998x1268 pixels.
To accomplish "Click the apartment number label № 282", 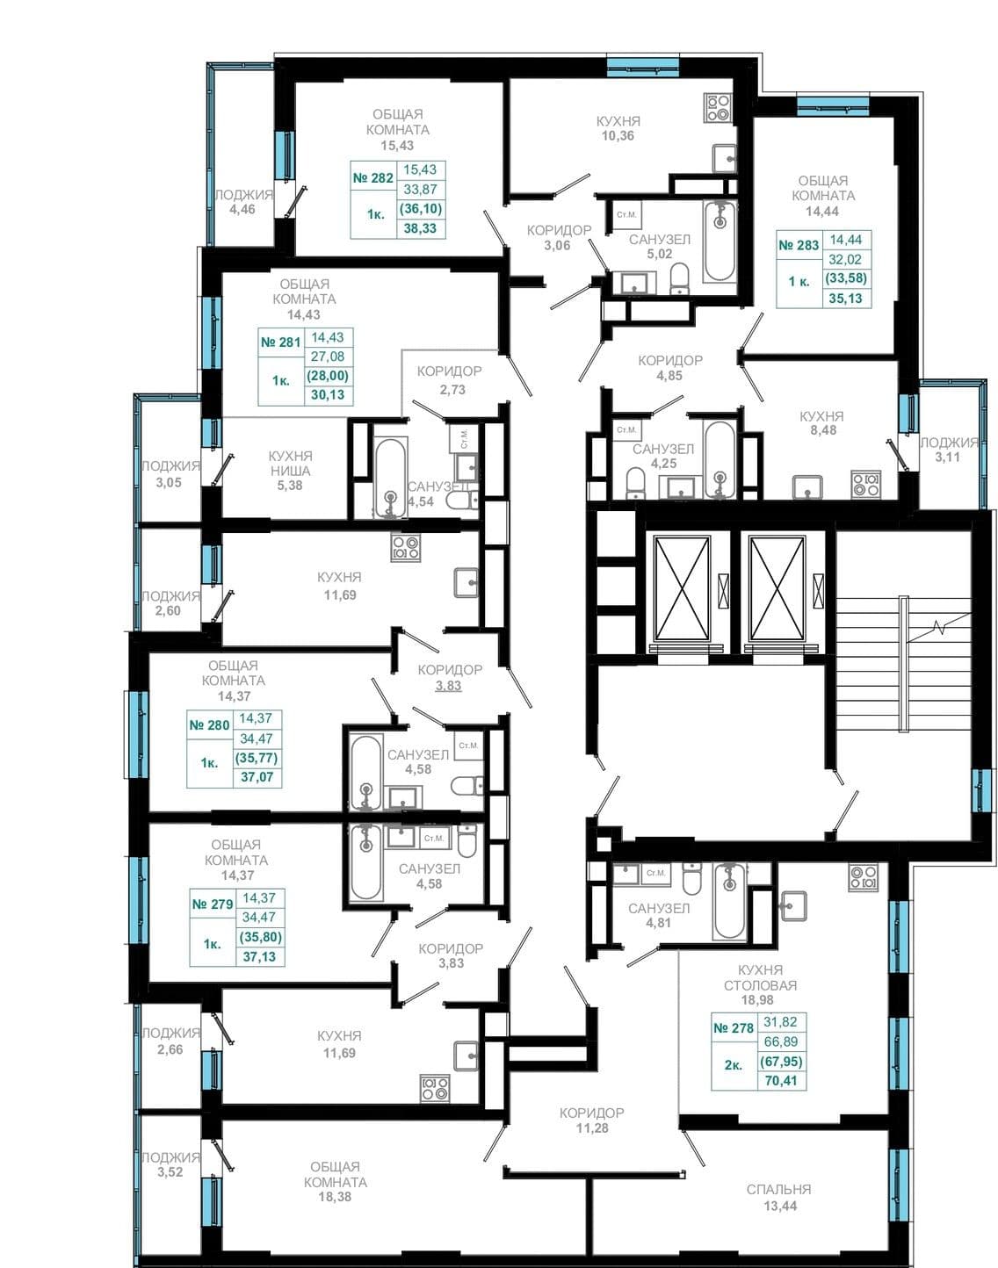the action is (x=373, y=178).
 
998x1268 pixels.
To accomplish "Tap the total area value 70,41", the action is (x=780, y=1081).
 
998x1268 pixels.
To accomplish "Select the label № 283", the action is (x=799, y=245).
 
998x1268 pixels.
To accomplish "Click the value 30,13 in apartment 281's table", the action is (x=327, y=395).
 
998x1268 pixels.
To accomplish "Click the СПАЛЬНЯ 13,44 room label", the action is (x=779, y=1197).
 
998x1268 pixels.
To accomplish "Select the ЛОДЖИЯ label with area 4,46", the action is (x=242, y=201).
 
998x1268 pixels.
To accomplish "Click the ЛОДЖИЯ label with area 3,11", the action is (x=949, y=449).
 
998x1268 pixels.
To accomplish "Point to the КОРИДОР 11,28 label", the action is (x=591, y=1120).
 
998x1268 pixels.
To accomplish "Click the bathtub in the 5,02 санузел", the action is (x=720, y=241).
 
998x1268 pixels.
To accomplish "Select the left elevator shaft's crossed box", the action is (x=682, y=588).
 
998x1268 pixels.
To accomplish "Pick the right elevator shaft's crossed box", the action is (x=777, y=588).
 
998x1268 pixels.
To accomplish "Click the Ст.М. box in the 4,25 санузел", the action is (x=626, y=430).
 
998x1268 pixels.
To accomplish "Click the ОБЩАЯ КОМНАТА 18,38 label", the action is (x=335, y=1181).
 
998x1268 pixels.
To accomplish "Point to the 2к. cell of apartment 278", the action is (x=734, y=1065).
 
